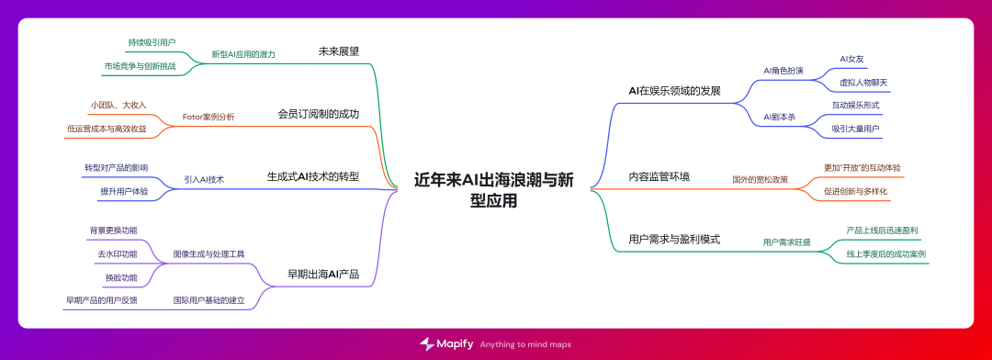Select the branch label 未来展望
tap(338, 51)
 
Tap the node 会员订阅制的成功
tap(318, 114)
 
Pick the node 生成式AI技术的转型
tap(312, 176)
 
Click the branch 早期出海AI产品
tap(322, 273)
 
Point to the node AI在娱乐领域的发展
tap(674, 91)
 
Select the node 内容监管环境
tap(659, 176)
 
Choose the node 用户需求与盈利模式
tap(674, 239)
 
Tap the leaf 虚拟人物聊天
tap(862, 83)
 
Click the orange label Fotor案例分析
tap(209, 117)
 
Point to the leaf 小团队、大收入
tap(118, 106)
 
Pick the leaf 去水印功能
tap(118, 253)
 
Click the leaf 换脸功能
tap(121, 277)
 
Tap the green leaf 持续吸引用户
tap(152, 42)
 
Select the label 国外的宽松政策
tap(760, 179)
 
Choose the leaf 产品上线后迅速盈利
tap(882, 230)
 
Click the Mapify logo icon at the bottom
tap(427, 343)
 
